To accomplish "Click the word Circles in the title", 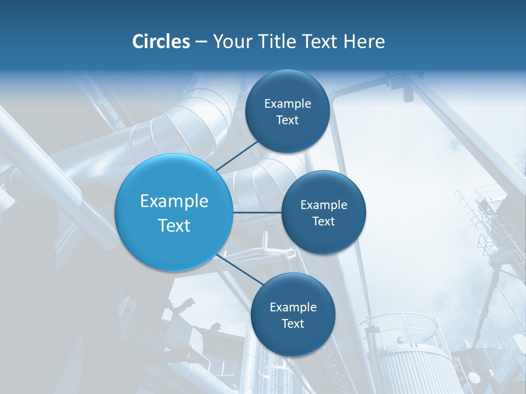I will (161, 42).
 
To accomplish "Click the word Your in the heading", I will (231, 42).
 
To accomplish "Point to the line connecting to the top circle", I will (238, 155).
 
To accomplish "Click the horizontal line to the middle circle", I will (257, 212).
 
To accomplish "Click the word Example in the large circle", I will (174, 201).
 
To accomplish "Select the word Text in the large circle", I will (174, 225).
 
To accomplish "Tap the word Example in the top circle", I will (288, 103).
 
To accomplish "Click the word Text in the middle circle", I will (323, 221).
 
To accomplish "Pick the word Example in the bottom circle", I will (293, 307).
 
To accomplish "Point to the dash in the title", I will (201, 42).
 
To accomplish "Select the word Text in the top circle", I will (287, 120).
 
